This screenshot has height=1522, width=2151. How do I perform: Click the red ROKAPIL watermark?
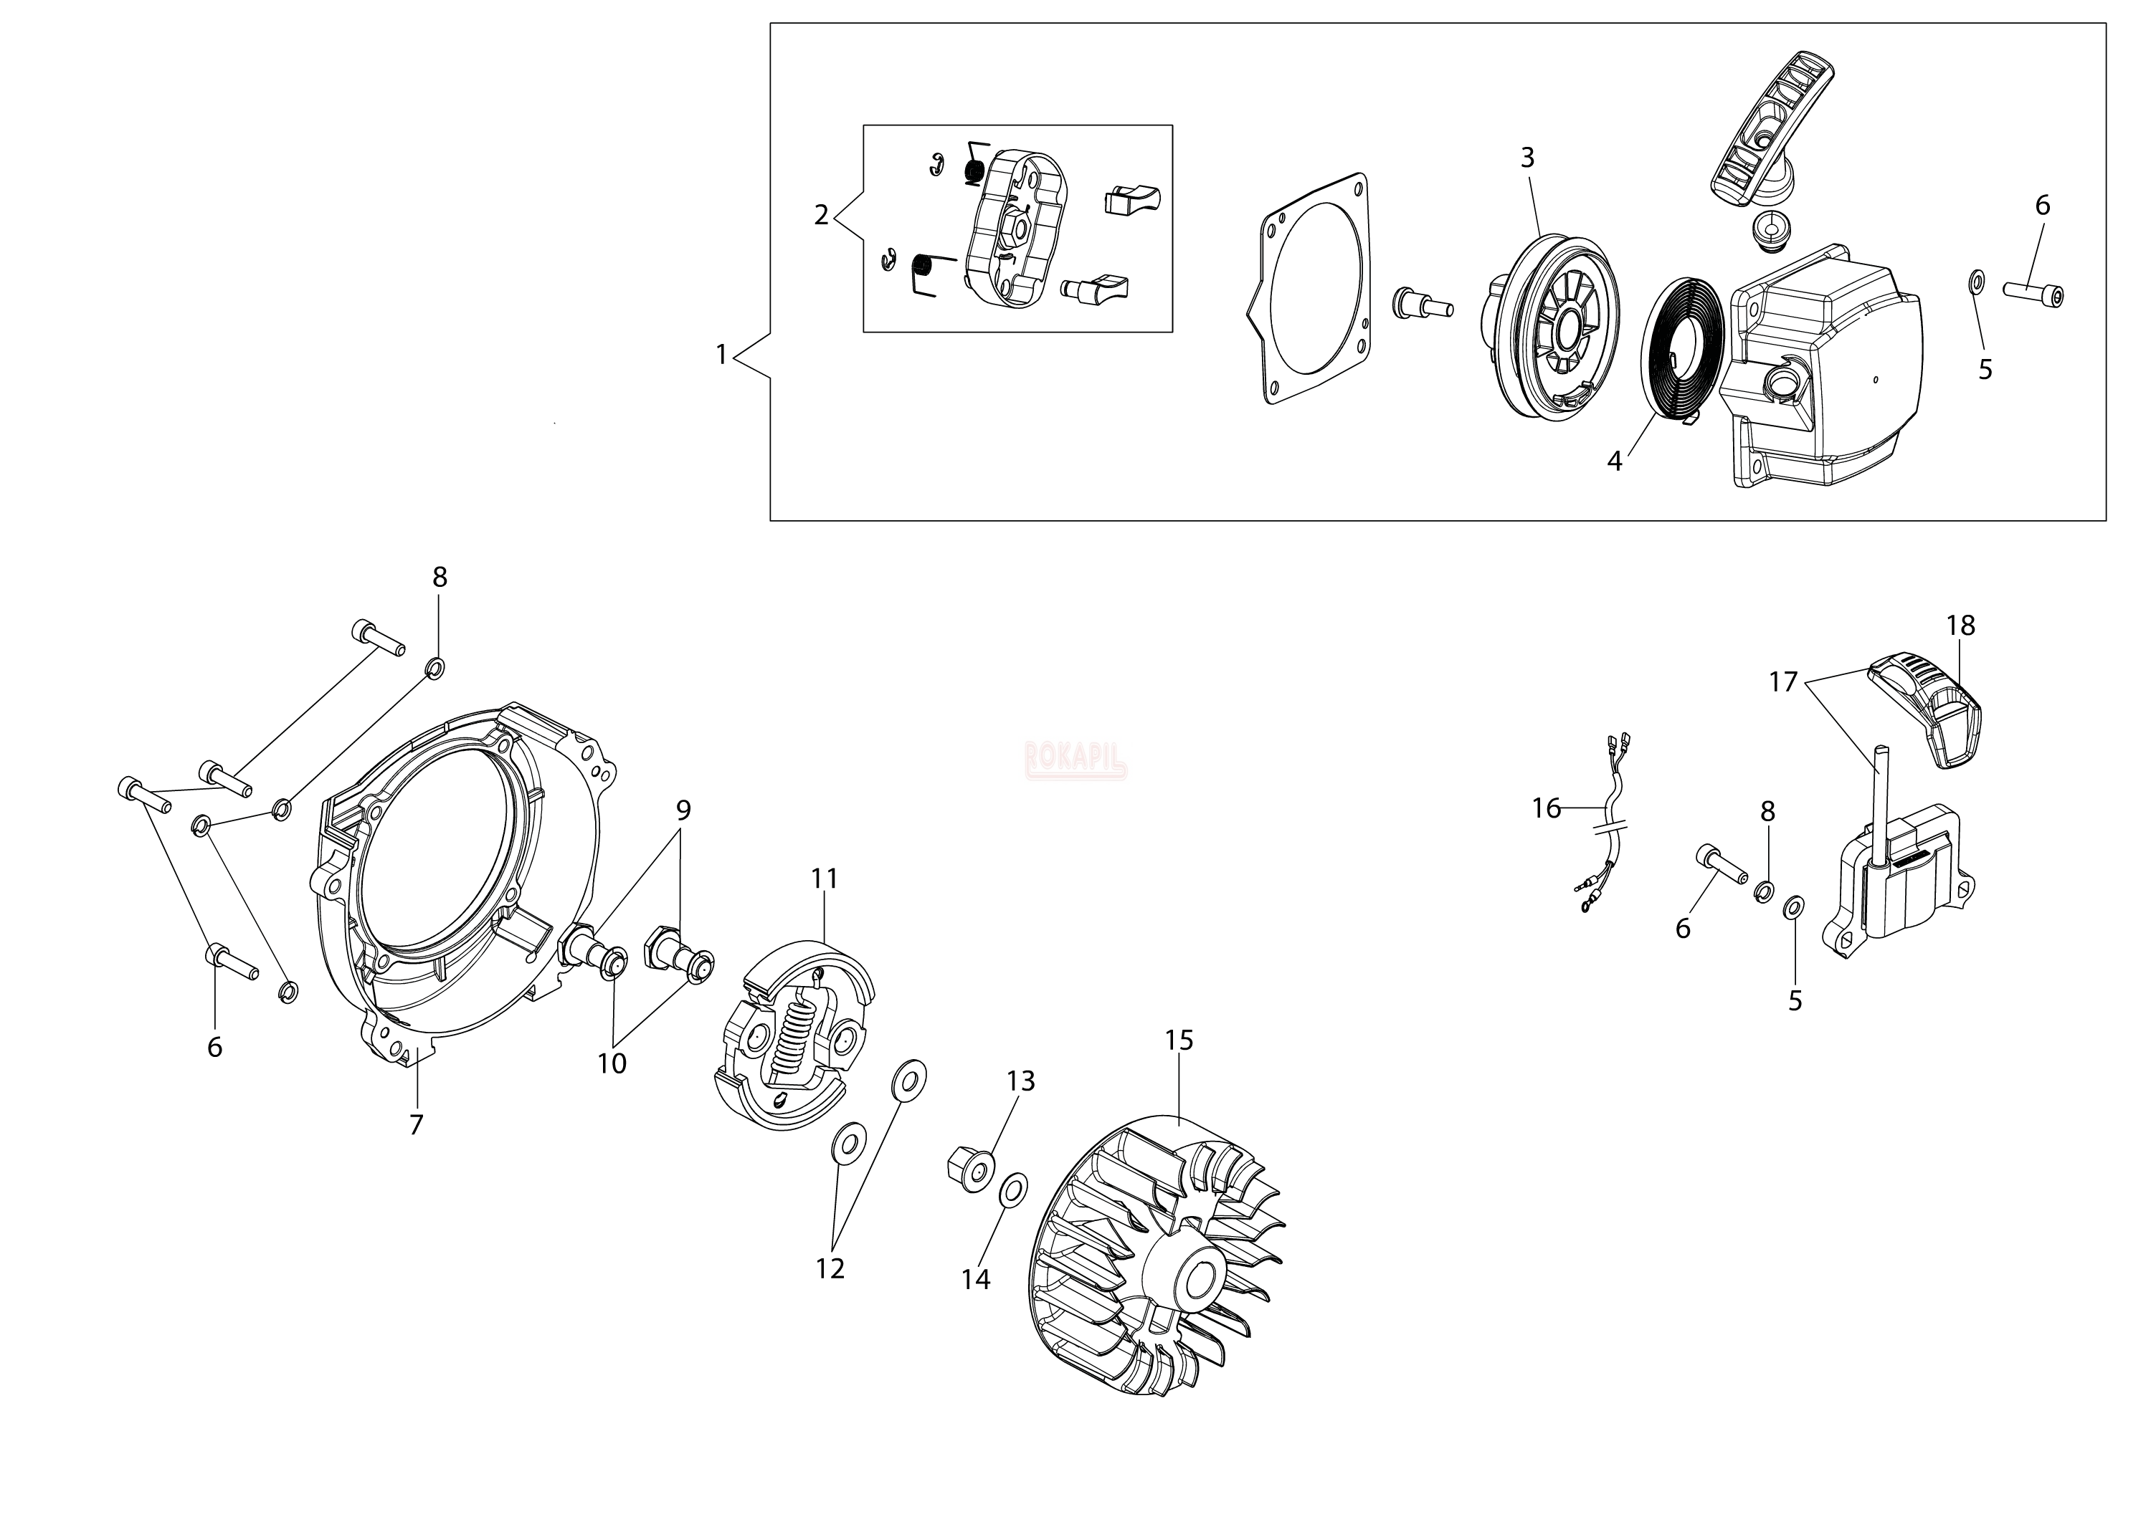click(1076, 760)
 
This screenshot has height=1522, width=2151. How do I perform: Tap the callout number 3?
click(1527, 158)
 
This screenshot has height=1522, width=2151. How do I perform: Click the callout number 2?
click(822, 216)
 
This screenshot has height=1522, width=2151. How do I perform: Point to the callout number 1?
click(721, 355)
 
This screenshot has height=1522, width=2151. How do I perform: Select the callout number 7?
click(417, 1124)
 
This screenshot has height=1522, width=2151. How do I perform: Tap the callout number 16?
click(1546, 808)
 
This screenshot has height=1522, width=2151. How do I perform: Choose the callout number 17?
click(1782, 681)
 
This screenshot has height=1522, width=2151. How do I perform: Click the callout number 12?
click(830, 1268)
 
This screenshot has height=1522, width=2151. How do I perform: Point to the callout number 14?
click(975, 1279)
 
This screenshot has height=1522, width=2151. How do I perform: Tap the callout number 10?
click(612, 1063)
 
